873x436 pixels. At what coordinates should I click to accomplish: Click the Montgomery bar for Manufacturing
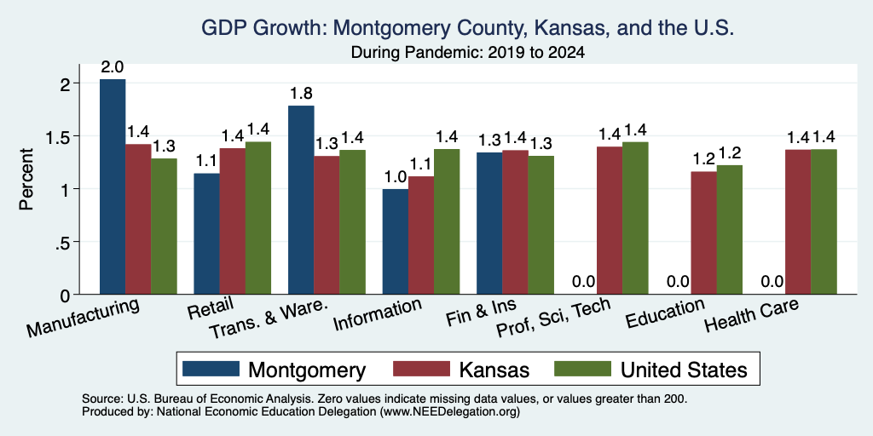tap(113, 186)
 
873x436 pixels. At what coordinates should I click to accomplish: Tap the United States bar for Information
tap(447, 221)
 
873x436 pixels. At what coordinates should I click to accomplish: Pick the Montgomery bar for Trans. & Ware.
tap(301, 199)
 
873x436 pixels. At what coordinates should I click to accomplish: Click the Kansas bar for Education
tap(703, 232)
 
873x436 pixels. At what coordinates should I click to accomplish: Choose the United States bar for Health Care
tap(824, 221)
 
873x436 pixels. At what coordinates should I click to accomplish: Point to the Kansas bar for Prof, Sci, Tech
tap(609, 221)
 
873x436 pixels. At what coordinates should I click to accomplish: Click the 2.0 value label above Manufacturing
tap(113, 67)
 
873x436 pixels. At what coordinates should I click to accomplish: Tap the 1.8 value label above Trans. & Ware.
tap(301, 94)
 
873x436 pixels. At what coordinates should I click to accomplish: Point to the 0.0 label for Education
tap(678, 282)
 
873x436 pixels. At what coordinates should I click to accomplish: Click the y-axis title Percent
tap(26, 179)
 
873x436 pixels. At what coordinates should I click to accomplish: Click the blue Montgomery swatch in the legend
tap(211, 369)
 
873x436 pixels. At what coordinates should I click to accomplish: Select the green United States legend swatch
tap(583, 369)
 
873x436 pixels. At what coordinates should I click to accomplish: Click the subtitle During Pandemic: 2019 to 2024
tap(468, 53)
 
